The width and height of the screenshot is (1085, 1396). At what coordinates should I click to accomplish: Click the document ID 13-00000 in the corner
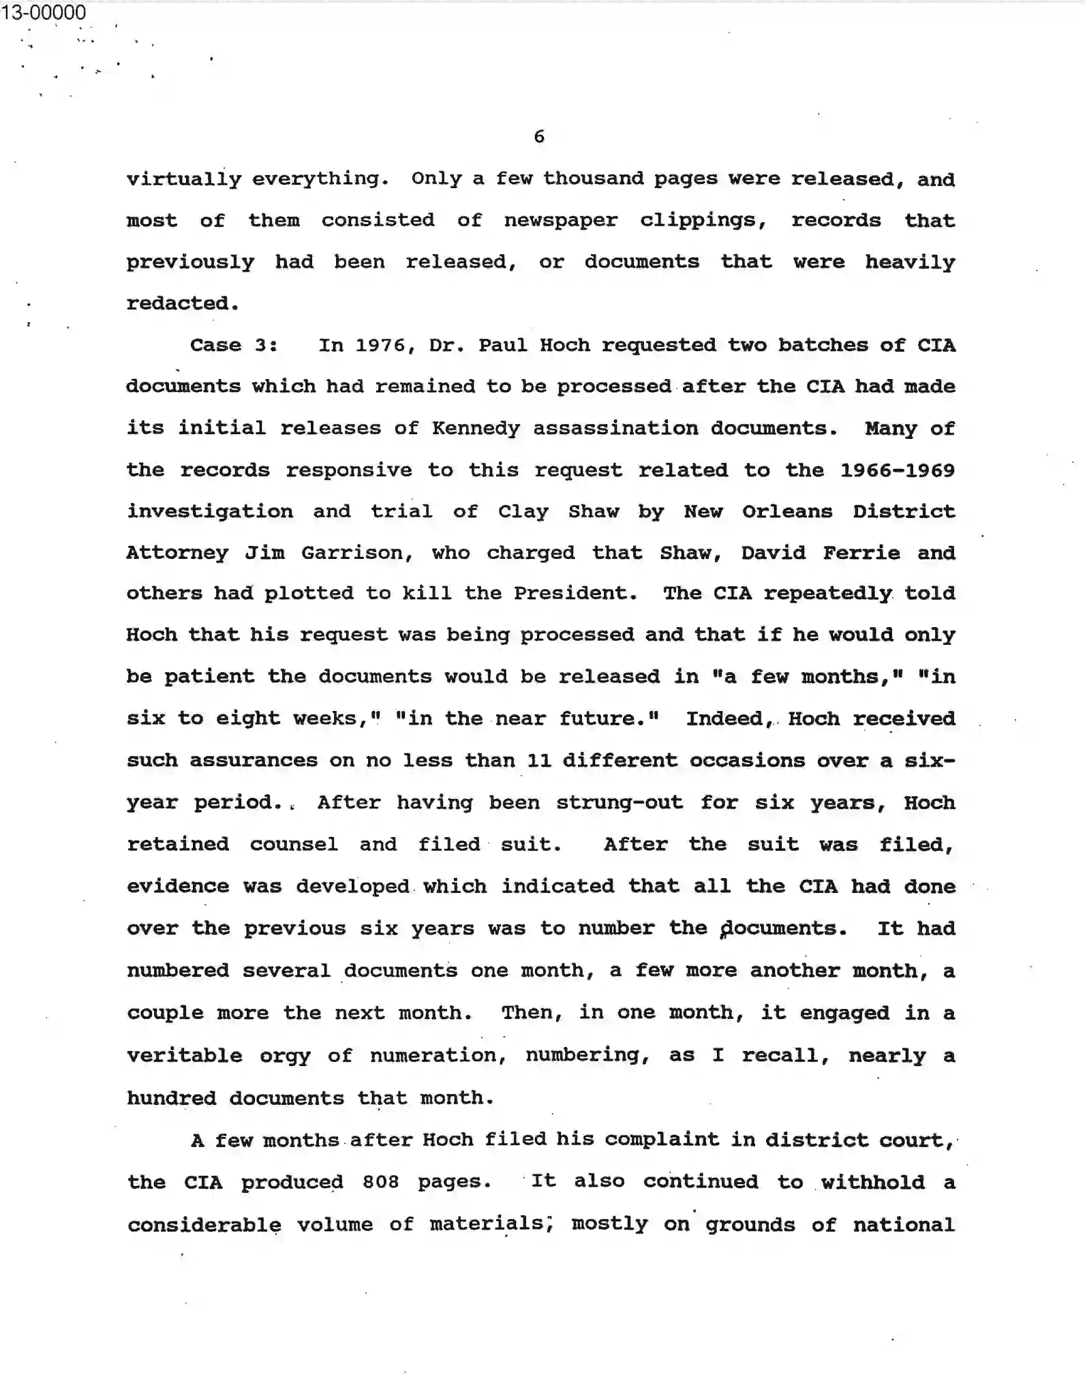(44, 12)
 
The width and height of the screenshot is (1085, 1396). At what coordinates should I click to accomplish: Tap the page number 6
(539, 137)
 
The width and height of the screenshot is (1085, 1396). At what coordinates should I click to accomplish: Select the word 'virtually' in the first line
(184, 179)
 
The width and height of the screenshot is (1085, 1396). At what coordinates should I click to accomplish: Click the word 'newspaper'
(560, 221)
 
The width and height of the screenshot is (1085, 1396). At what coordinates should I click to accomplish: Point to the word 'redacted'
(182, 303)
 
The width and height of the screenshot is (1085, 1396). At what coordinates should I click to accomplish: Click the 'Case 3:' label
(233, 345)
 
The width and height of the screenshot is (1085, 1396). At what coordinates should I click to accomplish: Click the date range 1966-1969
(897, 470)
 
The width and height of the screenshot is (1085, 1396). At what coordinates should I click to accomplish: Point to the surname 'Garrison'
(357, 553)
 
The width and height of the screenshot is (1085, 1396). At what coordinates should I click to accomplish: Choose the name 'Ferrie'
(861, 553)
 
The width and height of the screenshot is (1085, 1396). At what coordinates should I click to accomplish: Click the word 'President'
(575, 593)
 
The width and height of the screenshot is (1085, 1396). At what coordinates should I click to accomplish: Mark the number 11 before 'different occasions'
(538, 760)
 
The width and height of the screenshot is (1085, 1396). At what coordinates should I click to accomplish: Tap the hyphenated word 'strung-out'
(619, 802)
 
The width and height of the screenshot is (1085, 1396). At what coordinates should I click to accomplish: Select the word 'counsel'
(294, 845)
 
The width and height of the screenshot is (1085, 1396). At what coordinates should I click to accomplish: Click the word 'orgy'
(285, 1056)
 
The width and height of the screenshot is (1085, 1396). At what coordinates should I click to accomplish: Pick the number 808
(380, 1181)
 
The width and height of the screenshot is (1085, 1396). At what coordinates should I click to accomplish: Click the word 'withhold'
(872, 1181)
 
